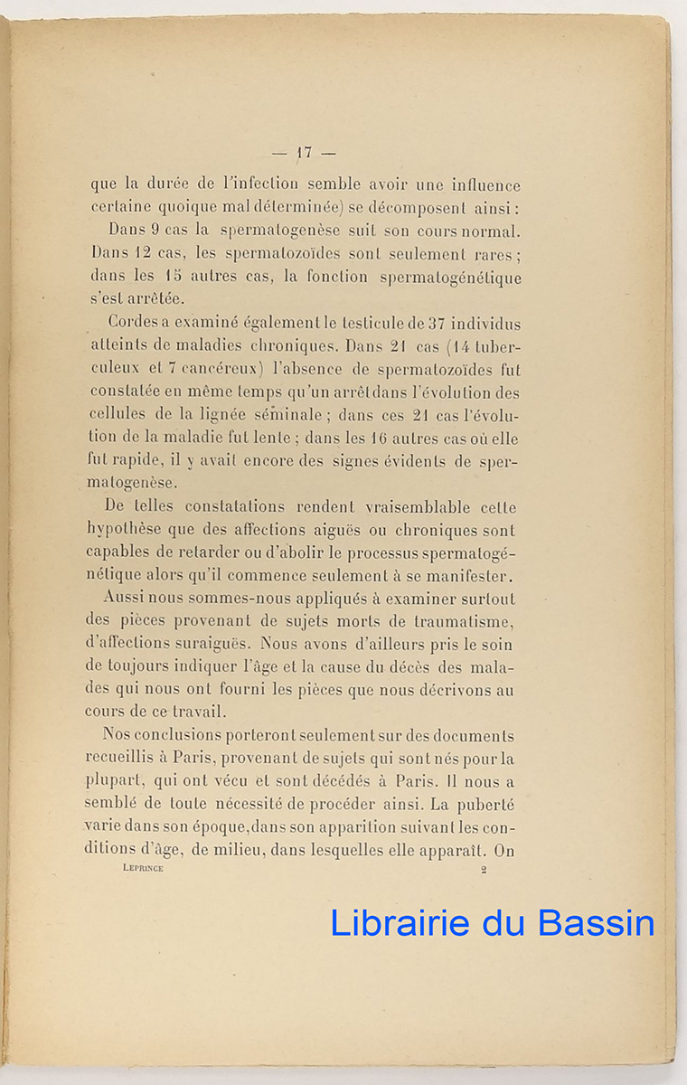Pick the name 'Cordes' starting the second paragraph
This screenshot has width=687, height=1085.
[133, 323]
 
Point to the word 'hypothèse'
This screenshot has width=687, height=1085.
[127, 531]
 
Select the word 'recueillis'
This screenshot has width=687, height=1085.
[127, 759]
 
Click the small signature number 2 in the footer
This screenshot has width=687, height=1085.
[484, 869]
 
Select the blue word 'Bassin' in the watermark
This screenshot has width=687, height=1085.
[596, 921]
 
